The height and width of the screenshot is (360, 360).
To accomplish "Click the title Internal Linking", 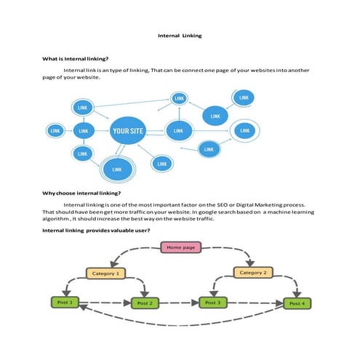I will pos(180,35).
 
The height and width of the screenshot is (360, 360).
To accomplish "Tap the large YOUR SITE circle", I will pos(127,131).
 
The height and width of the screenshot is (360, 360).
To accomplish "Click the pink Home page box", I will pos(180,248).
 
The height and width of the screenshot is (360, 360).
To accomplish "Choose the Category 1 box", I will pos(106,273).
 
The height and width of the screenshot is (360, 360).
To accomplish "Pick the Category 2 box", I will pos(253,272).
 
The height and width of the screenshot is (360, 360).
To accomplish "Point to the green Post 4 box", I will pos(297,303).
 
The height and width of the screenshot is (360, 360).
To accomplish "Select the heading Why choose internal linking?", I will pos(79,194).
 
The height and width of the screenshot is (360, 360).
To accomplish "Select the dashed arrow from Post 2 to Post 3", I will pos(180,303).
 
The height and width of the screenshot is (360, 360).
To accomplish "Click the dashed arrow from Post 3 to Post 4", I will pos(255,303).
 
